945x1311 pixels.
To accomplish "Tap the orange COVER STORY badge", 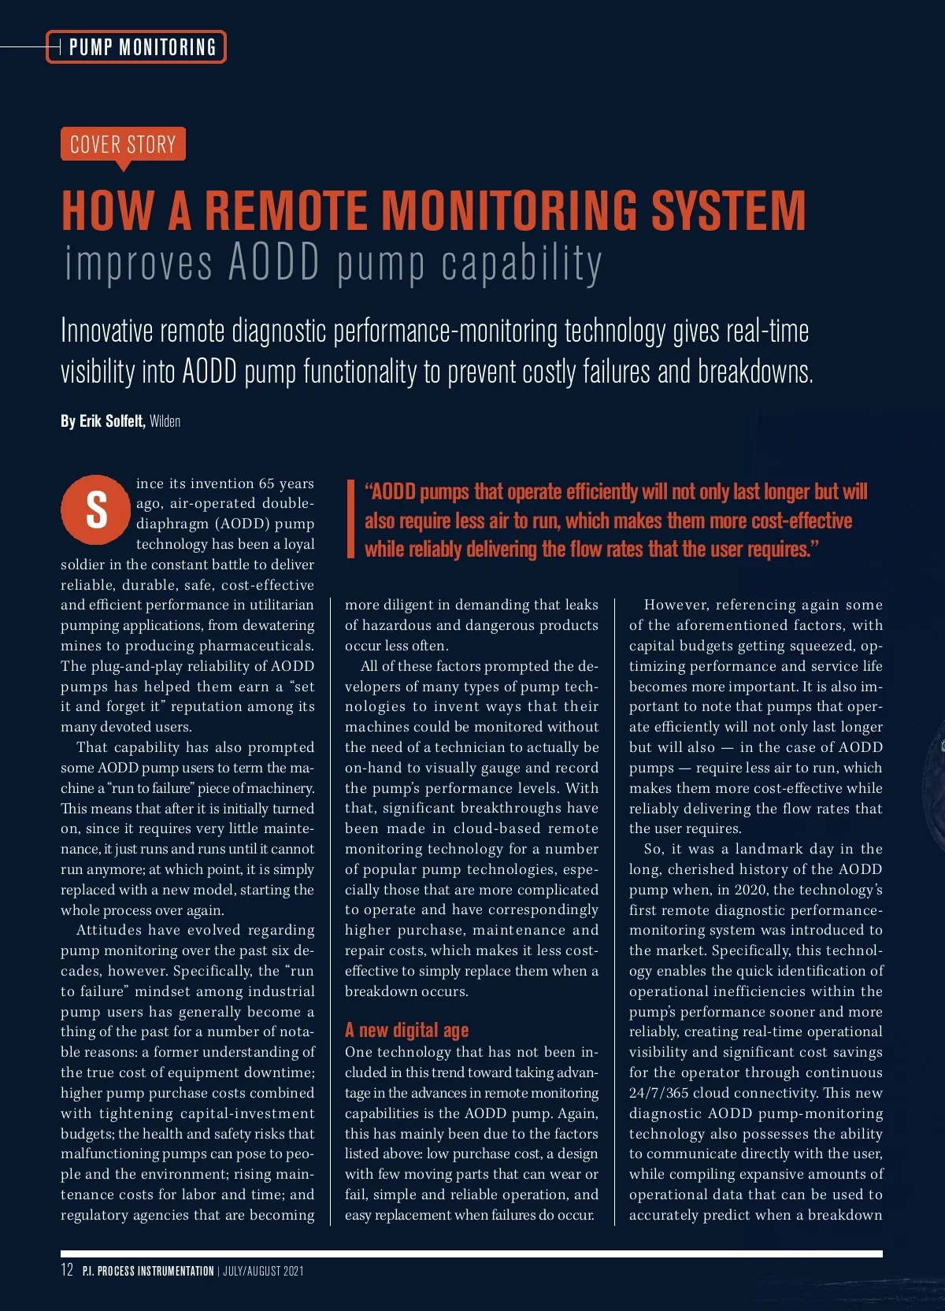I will point(123,144).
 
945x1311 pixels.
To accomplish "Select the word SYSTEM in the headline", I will point(728,211).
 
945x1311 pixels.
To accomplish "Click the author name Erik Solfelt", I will point(111,421).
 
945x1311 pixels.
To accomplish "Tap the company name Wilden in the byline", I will point(165,421).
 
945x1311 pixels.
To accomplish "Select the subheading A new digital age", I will point(406,1030).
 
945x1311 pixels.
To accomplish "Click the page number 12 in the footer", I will point(67,1270).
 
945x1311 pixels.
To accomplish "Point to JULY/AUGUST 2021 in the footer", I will point(263,1271).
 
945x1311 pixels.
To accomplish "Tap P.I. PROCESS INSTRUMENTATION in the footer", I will point(148,1271).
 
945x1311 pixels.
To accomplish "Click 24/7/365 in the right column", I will point(658,1093).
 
